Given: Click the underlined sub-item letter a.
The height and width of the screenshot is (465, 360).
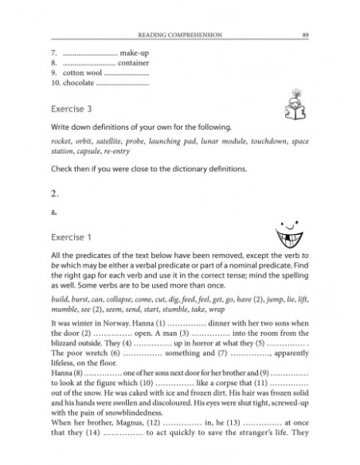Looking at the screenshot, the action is click(x=52, y=213).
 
